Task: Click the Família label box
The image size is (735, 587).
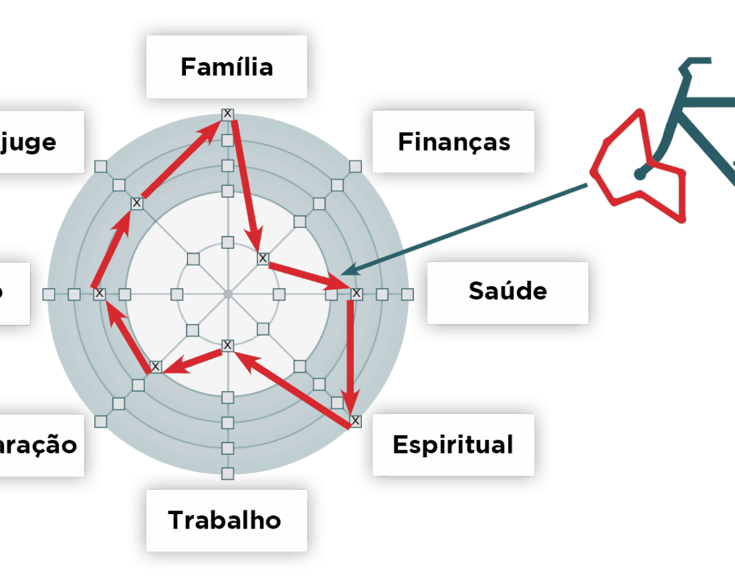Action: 227,67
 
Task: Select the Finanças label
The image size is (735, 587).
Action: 454,142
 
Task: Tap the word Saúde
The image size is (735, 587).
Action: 508,291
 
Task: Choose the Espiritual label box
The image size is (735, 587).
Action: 452,444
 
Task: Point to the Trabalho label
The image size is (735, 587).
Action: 224,520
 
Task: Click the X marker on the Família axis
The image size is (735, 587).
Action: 227,114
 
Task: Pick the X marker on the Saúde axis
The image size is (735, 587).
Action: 357,293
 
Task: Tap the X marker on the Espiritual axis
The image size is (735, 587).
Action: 356,420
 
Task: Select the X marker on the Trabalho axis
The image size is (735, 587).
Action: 227,345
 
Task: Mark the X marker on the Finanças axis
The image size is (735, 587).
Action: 263,258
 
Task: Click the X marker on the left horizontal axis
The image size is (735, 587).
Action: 99,293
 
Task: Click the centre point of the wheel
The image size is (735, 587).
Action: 228,293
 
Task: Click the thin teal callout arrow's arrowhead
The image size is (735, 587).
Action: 349,271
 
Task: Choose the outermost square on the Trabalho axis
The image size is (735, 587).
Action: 227,473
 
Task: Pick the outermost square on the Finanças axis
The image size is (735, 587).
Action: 356,166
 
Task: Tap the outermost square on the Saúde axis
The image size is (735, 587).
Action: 408,294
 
